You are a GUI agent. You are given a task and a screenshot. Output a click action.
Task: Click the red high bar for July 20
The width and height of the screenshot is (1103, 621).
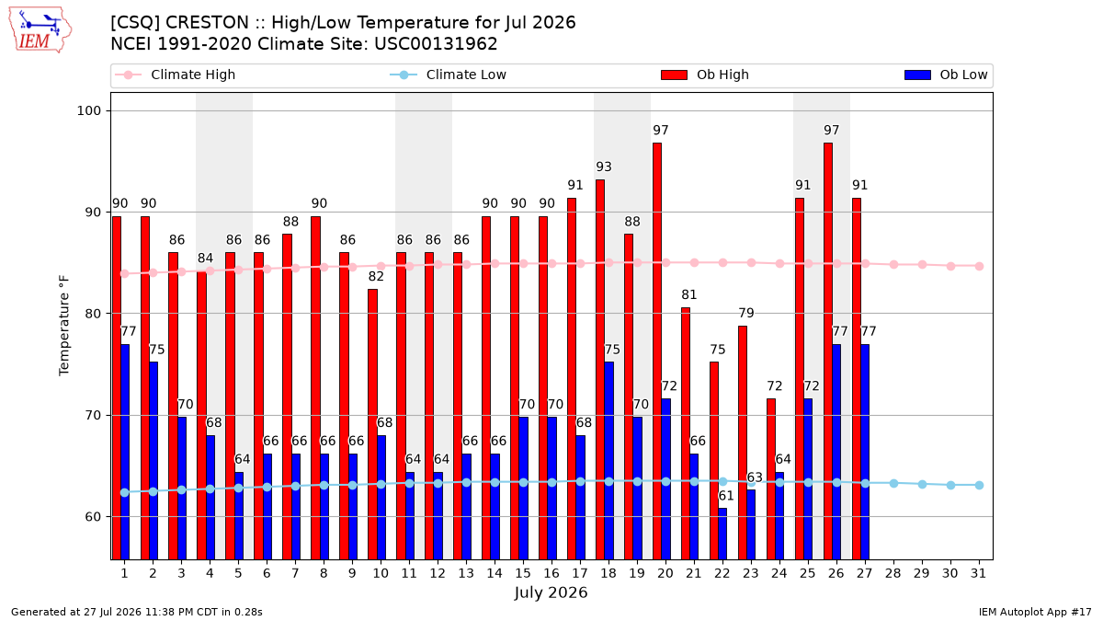657,351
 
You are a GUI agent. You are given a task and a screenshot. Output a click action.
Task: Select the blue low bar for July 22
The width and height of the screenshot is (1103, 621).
722,534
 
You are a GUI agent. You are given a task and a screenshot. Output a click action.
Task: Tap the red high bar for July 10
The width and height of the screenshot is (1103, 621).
373,424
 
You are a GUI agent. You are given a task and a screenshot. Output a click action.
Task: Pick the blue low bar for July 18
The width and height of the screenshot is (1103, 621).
609,461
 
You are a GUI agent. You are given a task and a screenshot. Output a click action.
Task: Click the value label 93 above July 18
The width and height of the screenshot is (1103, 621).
604,167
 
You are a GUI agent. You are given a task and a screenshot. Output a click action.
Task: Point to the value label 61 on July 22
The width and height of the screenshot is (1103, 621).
726,495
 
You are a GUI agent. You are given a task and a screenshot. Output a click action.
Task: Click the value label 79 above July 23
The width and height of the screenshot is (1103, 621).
746,313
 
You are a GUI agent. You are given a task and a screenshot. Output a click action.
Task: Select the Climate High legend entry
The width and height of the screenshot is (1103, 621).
176,75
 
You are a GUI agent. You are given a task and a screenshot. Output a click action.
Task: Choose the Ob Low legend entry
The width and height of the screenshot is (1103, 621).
946,75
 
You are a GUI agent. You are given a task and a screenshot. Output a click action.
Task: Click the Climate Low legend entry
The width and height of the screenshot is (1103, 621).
449,75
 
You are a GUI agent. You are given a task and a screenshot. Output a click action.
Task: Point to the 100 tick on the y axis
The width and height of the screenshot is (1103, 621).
88,111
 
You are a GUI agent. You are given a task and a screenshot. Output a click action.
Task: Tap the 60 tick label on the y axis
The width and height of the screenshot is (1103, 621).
93,517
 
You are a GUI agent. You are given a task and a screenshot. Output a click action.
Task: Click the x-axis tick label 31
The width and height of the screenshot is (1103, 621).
978,574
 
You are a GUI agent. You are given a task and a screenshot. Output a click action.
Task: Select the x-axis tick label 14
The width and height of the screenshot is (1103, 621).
495,574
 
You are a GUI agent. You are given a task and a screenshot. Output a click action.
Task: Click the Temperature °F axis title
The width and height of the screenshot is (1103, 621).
64,326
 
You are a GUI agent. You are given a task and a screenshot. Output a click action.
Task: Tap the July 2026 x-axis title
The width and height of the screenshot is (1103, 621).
551,592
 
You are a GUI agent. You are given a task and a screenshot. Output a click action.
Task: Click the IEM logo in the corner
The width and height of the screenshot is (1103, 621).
40,30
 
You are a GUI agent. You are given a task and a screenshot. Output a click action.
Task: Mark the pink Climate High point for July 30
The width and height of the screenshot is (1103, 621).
950,266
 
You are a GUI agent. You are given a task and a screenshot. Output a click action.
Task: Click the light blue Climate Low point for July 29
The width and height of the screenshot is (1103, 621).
922,485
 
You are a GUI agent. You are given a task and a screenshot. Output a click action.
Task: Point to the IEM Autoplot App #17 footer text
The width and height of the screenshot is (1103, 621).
1035,612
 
